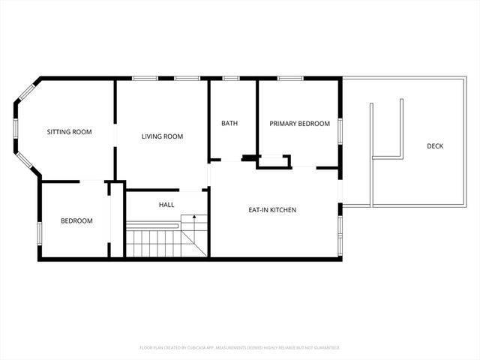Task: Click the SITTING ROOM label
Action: (x=69, y=132)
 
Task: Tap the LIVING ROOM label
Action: (x=163, y=136)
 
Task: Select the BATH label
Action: (x=229, y=123)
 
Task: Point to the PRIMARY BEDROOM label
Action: (x=300, y=124)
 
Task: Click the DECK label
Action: (x=435, y=145)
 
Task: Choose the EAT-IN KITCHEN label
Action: (x=272, y=210)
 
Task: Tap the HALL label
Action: (x=166, y=205)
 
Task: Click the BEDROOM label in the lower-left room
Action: (x=76, y=220)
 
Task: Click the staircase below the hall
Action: (x=154, y=241)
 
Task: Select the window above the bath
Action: (x=231, y=78)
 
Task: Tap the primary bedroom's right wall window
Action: (x=341, y=129)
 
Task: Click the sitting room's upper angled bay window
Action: (x=26, y=91)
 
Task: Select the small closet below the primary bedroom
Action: (x=274, y=161)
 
